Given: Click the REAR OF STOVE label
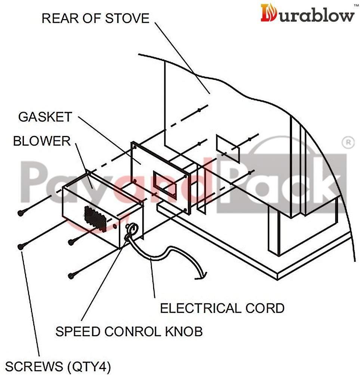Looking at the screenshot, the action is coord(96,18).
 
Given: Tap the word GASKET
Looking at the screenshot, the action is coord(45,117).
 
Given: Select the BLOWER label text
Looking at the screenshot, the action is coord(42,141).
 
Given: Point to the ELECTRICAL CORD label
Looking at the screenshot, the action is coord(222,308).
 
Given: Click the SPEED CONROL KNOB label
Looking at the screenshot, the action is coord(129,331).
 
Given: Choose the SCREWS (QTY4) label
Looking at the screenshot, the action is coord(58,367).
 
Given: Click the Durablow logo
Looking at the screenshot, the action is coord(307,13).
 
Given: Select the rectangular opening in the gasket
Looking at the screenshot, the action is coord(165,184).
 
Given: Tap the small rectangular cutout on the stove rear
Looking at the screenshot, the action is coord(228,148).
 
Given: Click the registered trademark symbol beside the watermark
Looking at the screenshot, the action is coord(348,143).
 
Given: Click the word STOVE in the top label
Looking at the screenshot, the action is coord(127,18).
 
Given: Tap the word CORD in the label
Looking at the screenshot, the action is coord(265,308).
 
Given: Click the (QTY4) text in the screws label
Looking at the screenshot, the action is coord(89,367).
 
